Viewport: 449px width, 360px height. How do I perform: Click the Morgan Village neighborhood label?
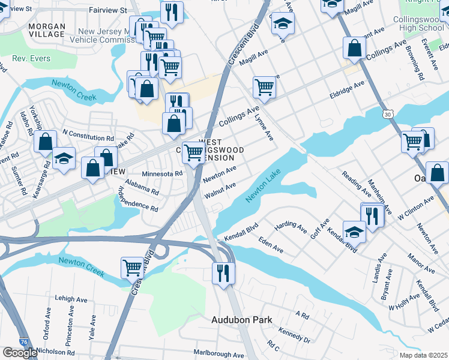click(38, 30)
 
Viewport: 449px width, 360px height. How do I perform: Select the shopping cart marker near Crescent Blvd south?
click(131, 268)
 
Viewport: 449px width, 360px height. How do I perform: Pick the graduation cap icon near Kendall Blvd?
click(354, 231)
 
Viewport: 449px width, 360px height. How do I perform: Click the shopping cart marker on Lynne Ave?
click(264, 87)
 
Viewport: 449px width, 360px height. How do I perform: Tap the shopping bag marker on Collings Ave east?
click(355, 48)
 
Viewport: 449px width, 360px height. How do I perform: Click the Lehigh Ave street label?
click(73, 298)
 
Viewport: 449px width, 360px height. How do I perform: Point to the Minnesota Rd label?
click(161, 173)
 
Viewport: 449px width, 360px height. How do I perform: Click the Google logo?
click(19, 353)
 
